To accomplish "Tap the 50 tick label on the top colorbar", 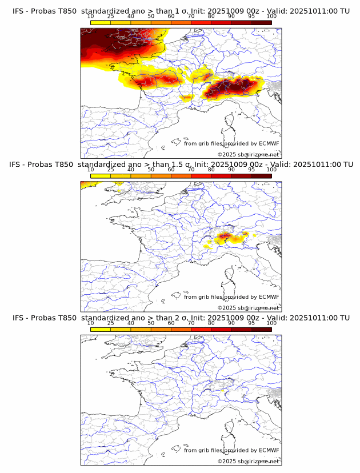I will (151, 16).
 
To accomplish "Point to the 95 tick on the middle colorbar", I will (251, 170).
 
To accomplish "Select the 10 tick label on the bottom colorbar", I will (91, 323).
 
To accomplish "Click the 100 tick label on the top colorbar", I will (271, 16).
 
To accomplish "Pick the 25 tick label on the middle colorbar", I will (111, 170).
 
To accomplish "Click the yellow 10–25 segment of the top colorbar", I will (101, 22).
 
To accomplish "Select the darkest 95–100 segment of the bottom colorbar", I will (261, 330).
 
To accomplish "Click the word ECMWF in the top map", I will (269, 143).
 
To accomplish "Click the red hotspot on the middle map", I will (223, 235).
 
